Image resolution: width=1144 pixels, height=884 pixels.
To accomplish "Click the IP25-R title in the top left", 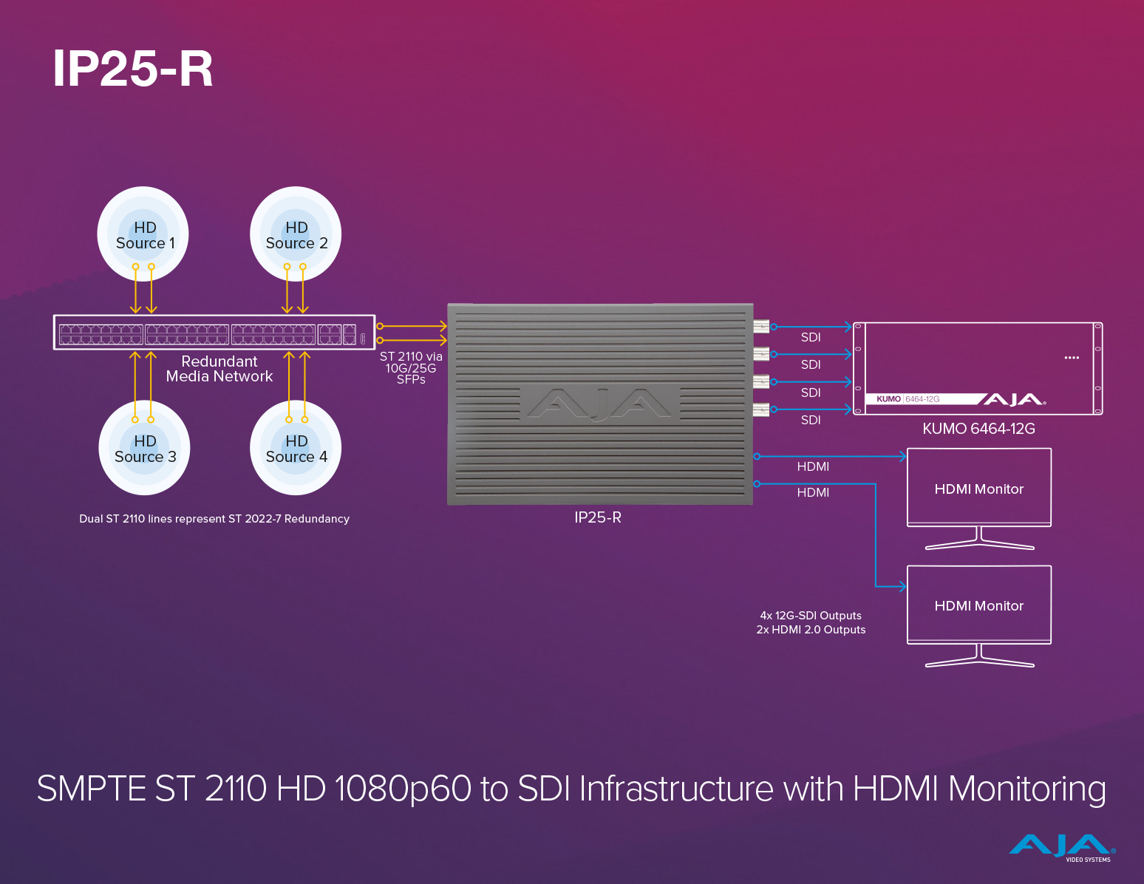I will click(x=133, y=69).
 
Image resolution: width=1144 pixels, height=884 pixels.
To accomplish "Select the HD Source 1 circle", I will click(x=143, y=234).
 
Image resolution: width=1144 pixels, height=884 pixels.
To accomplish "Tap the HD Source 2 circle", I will click(x=296, y=234).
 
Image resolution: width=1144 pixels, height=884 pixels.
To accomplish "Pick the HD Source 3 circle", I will click(x=144, y=449).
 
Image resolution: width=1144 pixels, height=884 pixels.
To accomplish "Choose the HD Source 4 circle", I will click(x=296, y=449).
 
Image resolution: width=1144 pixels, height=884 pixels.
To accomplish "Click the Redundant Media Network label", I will click(x=219, y=369).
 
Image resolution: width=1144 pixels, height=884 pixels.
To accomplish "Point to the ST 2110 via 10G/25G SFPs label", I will click(x=411, y=367).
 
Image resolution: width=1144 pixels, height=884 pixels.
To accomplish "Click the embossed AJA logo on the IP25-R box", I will click(x=599, y=404).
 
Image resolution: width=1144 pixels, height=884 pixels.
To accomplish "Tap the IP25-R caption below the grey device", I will click(x=598, y=517).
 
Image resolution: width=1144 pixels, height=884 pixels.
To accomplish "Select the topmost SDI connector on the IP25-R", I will click(x=761, y=326).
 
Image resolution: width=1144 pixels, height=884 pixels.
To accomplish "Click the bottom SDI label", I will click(x=811, y=420).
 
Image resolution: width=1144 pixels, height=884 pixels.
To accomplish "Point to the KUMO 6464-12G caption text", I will click(x=978, y=429).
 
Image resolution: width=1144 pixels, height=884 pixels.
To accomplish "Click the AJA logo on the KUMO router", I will click(x=1013, y=399).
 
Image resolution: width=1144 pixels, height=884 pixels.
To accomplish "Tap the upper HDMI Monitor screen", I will click(x=978, y=488).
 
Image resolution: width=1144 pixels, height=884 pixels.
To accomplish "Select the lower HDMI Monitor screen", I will click(x=978, y=605).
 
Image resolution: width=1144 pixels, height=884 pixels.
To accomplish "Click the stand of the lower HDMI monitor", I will click(x=979, y=658).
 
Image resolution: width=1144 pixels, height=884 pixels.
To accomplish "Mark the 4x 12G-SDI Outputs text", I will click(x=811, y=616).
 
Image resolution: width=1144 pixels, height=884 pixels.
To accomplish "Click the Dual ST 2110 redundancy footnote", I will click(x=214, y=519).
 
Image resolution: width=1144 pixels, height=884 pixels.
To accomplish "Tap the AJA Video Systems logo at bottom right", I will click(x=1063, y=847).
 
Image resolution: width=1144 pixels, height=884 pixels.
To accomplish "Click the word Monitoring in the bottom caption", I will click(x=1026, y=789).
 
